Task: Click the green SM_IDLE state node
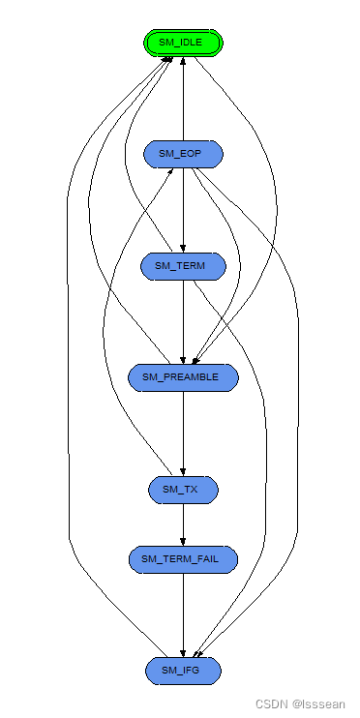coord(183,43)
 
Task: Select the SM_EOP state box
coord(183,154)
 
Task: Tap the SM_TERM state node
coord(183,266)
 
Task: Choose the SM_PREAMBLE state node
coord(183,377)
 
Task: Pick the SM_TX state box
coord(183,490)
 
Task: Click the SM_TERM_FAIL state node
coord(183,558)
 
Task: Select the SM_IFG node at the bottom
coord(183,670)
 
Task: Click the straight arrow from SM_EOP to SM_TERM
coord(183,208)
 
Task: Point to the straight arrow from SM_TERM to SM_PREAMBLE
coord(183,319)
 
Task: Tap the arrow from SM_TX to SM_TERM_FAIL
coord(183,523)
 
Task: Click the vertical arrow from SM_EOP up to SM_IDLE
coord(183,97)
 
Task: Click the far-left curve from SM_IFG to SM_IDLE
coord(70,387)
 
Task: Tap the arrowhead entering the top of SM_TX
coord(183,471)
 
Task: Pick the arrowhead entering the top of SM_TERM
coord(183,248)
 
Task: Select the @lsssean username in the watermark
coord(318,704)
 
